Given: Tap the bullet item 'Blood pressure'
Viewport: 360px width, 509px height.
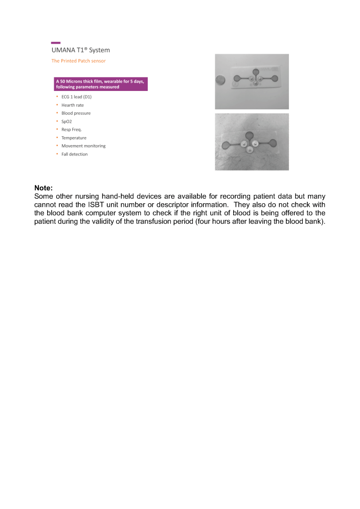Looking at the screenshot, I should point(76,113).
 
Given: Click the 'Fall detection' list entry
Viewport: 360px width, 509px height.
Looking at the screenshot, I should point(74,154).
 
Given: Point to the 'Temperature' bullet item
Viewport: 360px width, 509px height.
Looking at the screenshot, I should point(74,138).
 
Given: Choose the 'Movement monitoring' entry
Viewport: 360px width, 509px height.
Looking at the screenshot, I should point(83,146).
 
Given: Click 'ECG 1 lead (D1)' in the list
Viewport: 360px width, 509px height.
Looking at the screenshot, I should point(76,97).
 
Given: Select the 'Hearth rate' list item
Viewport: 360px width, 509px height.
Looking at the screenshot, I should point(72,105).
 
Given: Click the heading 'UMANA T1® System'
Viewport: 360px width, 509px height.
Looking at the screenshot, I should point(81,50).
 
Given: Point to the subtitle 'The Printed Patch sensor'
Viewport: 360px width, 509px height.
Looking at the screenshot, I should point(79,61).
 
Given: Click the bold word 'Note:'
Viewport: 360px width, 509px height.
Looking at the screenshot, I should point(43,188).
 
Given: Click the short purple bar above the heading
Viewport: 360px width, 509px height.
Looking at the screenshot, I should point(56,43).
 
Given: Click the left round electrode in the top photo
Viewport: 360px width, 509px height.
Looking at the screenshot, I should point(237,78).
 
